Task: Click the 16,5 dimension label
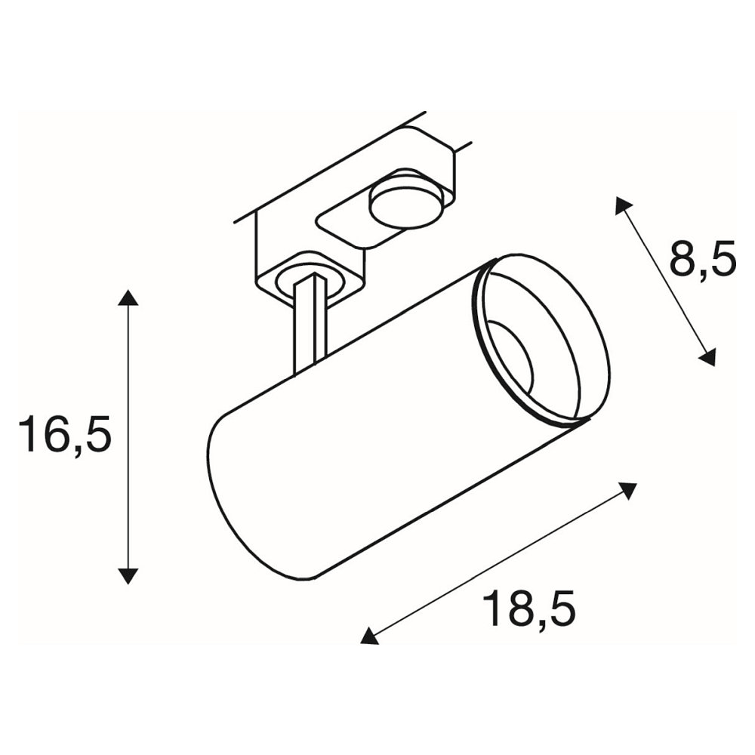(64, 435)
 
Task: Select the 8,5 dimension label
(702, 259)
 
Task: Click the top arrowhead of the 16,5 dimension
(128, 297)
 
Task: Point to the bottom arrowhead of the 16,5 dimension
(128, 576)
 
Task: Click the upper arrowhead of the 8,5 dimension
(624, 205)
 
